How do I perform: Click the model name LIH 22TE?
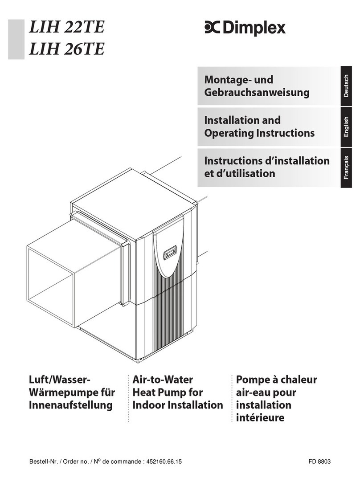click(x=66, y=28)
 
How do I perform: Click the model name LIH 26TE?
click(x=66, y=49)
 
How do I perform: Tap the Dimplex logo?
click(x=245, y=28)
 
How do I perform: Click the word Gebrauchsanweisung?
click(x=256, y=93)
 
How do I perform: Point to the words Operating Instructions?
click(x=259, y=133)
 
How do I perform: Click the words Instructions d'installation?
click(x=266, y=160)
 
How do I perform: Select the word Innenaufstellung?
click(x=71, y=405)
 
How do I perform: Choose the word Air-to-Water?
click(x=163, y=380)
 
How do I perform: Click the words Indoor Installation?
click(x=177, y=405)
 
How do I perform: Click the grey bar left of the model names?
click(x=16, y=39)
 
